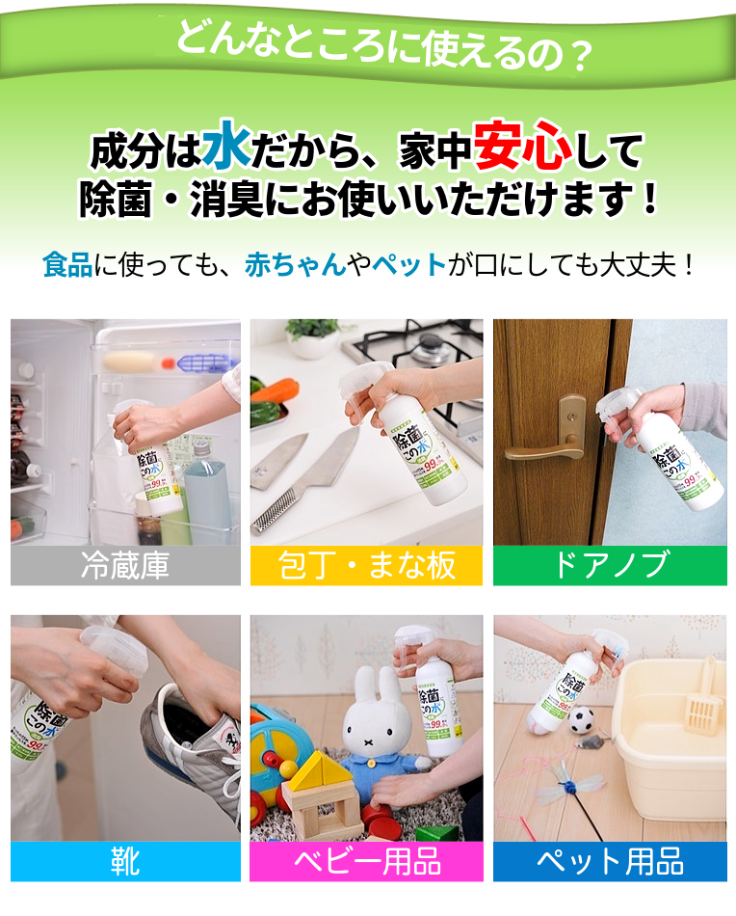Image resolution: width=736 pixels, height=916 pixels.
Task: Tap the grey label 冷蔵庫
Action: (x=125, y=565)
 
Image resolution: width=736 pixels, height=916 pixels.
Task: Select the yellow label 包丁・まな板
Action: (x=366, y=565)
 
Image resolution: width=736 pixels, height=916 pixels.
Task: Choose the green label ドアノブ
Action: (x=610, y=565)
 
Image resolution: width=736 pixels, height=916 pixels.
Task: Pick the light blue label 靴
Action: (x=125, y=861)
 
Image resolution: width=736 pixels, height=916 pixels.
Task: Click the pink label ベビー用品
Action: (x=366, y=861)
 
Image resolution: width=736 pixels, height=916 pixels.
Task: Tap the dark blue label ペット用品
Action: (x=610, y=861)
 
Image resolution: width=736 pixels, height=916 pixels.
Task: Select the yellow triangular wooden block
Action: (x=319, y=771)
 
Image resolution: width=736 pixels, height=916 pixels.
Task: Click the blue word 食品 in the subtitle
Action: (x=66, y=264)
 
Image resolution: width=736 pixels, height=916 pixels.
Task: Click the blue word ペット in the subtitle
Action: (x=409, y=264)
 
